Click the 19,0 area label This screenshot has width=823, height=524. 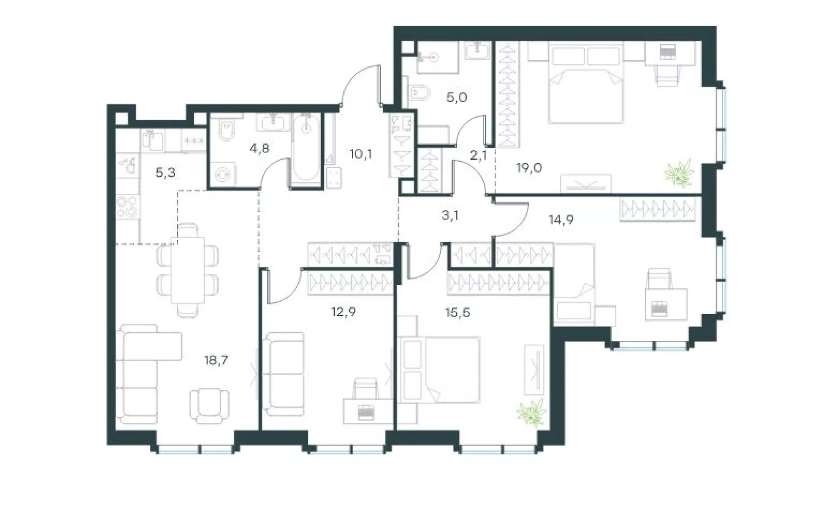click(529, 168)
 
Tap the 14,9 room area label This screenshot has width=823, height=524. click(561, 220)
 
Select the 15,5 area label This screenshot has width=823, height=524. click(457, 313)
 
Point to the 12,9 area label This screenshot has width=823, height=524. click(343, 312)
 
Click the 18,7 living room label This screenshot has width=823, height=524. click(216, 360)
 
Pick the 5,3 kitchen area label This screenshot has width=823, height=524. click(165, 173)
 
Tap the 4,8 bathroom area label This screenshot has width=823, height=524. click(260, 149)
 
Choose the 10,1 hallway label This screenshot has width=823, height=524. click(360, 154)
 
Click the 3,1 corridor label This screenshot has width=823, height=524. click(450, 215)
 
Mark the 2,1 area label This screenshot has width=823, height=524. click(478, 155)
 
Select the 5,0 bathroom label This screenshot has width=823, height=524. click(457, 97)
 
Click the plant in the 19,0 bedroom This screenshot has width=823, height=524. click(679, 173)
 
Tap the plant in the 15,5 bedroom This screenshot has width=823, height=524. click(532, 412)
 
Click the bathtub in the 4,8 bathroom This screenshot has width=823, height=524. click(306, 150)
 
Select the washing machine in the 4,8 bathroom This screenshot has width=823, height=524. click(224, 175)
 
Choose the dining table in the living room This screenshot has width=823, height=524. click(188, 270)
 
